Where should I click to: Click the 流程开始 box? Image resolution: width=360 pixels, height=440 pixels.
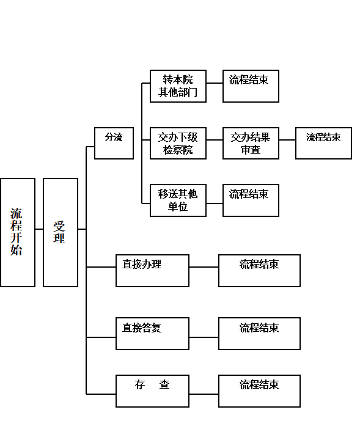tap(18, 232)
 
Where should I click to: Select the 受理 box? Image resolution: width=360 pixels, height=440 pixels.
tap(61, 232)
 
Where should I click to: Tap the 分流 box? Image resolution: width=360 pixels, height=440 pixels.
tap(114, 144)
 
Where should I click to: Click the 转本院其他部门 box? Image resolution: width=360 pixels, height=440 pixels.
tap(178, 86)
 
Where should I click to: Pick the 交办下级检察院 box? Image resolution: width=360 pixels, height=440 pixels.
tap(178, 144)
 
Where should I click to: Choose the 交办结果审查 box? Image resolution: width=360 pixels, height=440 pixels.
tap(251, 144)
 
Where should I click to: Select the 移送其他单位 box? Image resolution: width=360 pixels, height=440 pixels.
tap(178, 200)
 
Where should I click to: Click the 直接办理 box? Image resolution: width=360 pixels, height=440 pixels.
tap(152, 271)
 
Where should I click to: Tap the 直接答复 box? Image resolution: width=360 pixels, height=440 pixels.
tap(152, 334)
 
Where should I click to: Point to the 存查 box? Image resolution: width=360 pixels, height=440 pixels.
tap(152, 391)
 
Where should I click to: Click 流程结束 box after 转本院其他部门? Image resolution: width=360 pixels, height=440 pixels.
tap(251, 86)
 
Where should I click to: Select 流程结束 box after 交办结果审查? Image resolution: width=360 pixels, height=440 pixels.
tap(323, 144)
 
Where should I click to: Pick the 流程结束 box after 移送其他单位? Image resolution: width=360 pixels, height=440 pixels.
tap(251, 200)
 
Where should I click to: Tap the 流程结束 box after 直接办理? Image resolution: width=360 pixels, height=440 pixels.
tap(260, 271)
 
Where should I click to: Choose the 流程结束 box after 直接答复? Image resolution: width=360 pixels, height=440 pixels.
tap(260, 334)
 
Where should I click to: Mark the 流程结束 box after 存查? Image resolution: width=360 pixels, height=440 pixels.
tap(260, 391)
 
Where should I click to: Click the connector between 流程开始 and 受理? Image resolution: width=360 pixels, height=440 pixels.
tap(39, 229)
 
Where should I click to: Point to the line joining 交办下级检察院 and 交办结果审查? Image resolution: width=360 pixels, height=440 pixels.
tap(215, 140)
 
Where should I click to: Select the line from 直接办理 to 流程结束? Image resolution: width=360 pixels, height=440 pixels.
tap(204, 267)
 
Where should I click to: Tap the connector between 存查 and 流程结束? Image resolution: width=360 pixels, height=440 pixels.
tap(204, 394)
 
